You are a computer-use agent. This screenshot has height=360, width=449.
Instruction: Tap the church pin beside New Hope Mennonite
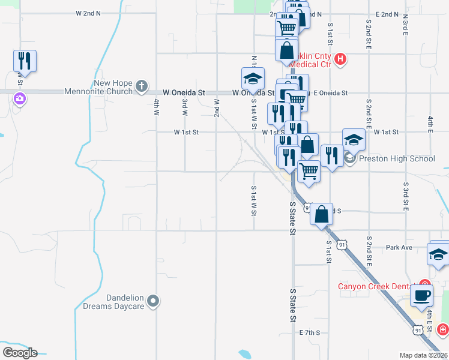coord(142,86)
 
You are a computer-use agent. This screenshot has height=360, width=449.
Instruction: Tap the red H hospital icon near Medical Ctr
coord(340,59)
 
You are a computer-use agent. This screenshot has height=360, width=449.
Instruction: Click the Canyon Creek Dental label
coord(377,286)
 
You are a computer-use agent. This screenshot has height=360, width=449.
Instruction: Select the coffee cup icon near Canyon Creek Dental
coord(421,295)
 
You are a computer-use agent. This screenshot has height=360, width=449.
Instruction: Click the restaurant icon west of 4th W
coord(25,61)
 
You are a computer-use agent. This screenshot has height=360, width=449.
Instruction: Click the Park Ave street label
coord(399,247)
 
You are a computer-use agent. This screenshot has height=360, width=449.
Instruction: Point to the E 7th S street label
coord(310,332)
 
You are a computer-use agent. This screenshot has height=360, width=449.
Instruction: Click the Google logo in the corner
coord(19,352)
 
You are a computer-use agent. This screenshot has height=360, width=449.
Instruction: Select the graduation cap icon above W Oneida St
coord(253,78)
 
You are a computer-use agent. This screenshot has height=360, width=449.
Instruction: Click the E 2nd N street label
coord(387,14)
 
